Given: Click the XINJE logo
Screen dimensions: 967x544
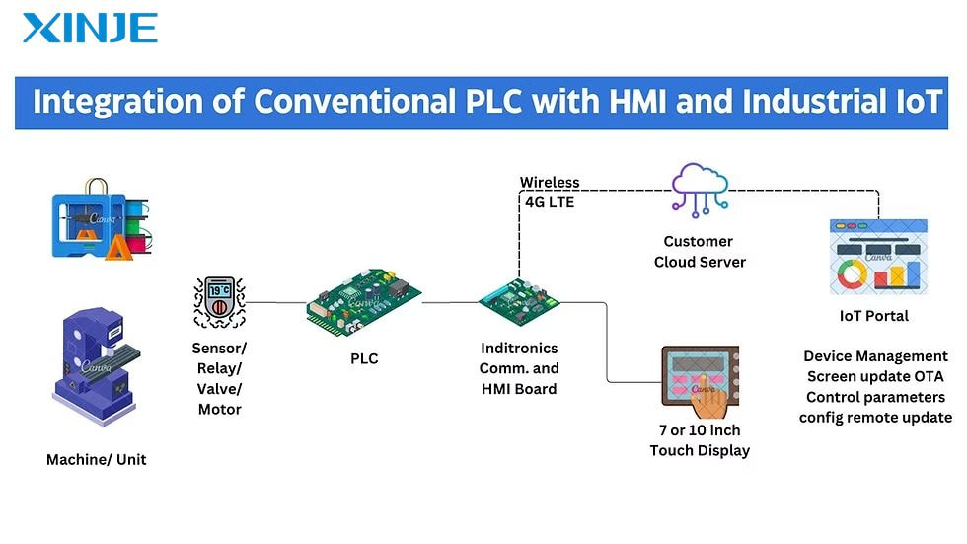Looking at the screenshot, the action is click(x=90, y=29).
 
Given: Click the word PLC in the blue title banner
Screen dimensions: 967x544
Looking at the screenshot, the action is click(x=494, y=101).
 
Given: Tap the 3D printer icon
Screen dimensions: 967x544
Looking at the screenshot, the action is click(x=101, y=219).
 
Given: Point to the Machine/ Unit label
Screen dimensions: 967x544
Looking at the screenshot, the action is click(x=97, y=459).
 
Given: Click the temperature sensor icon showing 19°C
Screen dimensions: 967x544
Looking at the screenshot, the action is click(x=219, y=301).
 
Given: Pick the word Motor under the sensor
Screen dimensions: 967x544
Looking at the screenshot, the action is click(x=219, y=409).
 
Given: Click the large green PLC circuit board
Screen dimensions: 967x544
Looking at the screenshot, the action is click(x=364, y=302).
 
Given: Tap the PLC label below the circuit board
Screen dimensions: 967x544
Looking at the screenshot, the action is click(x=364, y=359).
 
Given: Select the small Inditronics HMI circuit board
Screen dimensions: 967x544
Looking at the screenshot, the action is click(x=519, y=301).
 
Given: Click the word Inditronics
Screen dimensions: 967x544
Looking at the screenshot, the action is click(x=519, y=348).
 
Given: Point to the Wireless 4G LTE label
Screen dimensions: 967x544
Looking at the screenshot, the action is click(x=550, y=193).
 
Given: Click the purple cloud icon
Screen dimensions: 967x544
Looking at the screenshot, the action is click(x=700, y=190).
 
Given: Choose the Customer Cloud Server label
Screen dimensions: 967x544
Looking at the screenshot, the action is click(x=700, y=252).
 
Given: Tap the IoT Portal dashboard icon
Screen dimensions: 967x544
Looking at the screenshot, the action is click(x=878, y=257).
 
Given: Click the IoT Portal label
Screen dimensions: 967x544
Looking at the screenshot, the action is click(x=874, y=316).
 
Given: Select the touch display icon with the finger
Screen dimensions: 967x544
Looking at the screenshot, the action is click(x=700, y=382).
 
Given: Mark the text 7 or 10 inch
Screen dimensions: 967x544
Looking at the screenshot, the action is click(x=700, y=429).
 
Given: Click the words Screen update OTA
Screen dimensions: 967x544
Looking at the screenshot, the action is click(x=875, y=376).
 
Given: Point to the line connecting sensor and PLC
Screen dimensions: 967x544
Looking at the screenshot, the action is click(x=276, y=302).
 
